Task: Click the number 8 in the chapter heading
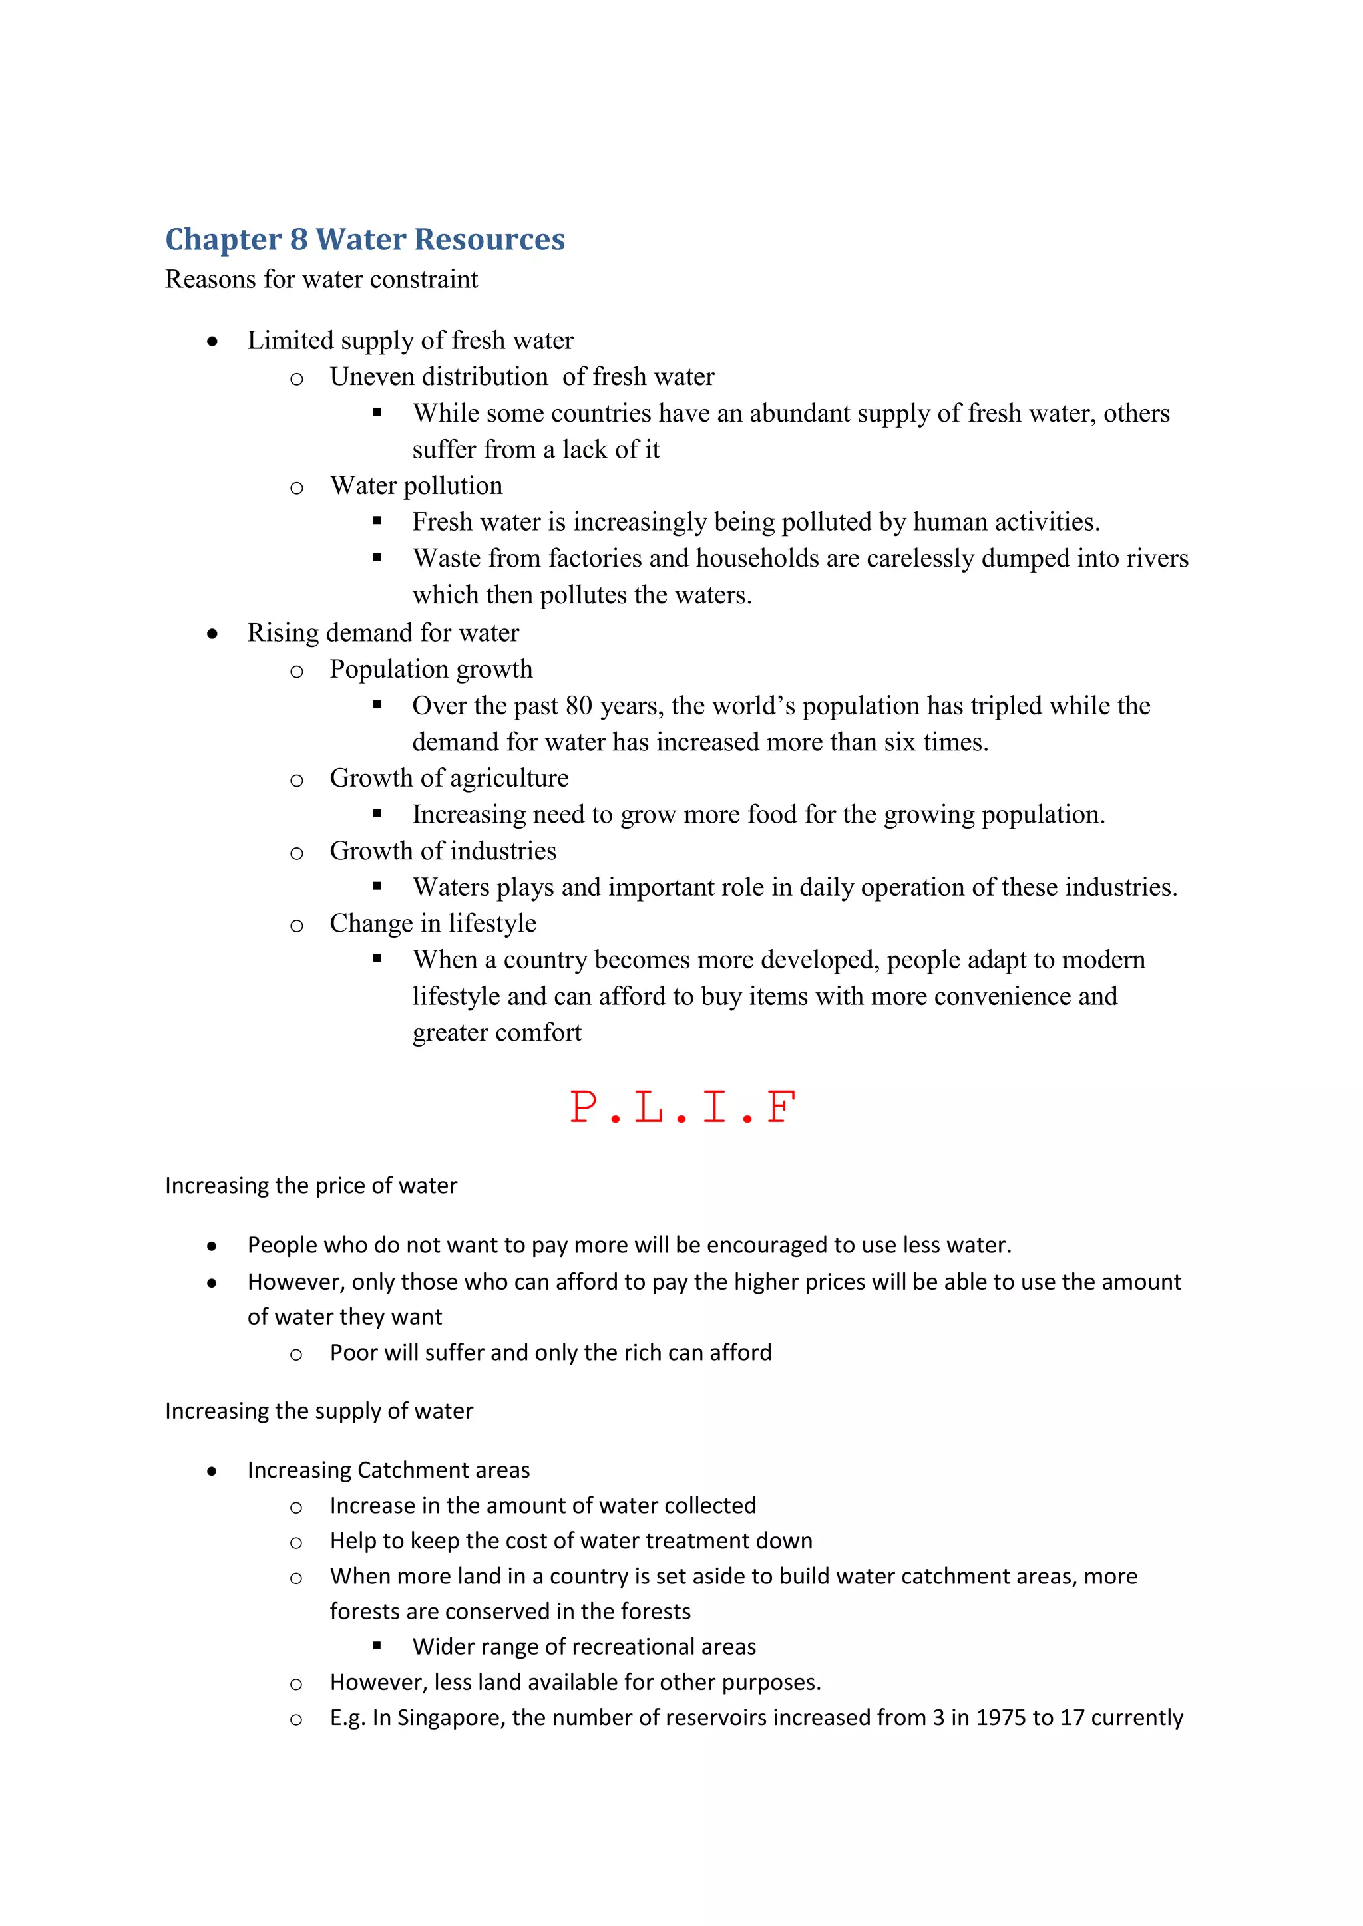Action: (299, 240)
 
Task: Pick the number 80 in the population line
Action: (579, 706)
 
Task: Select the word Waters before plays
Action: (451, 887)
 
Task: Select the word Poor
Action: (353, 1353)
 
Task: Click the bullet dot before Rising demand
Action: (212, 634)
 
